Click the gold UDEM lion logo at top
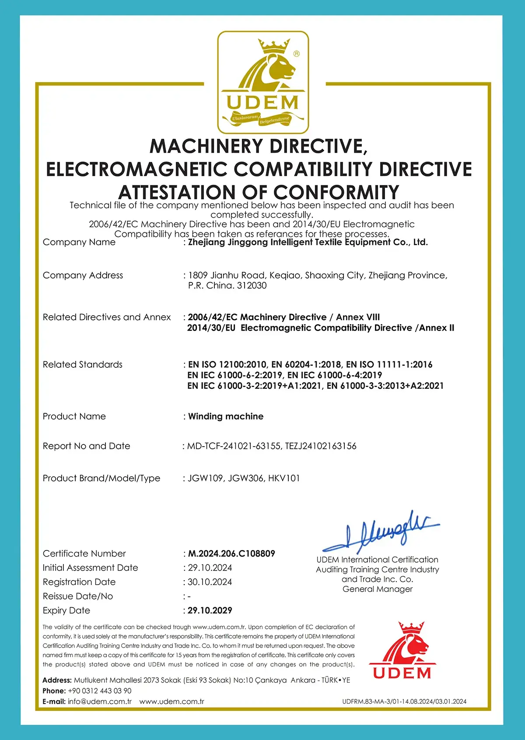tap(263, 82)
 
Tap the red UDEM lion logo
tap(402, 650)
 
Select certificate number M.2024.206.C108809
tap(231, 553)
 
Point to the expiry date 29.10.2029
tap(210, 610)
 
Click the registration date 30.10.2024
tap(210, 582)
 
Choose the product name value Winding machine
tap(226, 416)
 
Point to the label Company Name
tap(79, 242)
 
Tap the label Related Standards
tap(83, 365)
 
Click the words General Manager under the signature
tap(378, 589)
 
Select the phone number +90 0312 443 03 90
tap(100, 691)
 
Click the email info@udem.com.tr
tap(100, 701)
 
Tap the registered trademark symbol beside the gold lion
tap(297, 54)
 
